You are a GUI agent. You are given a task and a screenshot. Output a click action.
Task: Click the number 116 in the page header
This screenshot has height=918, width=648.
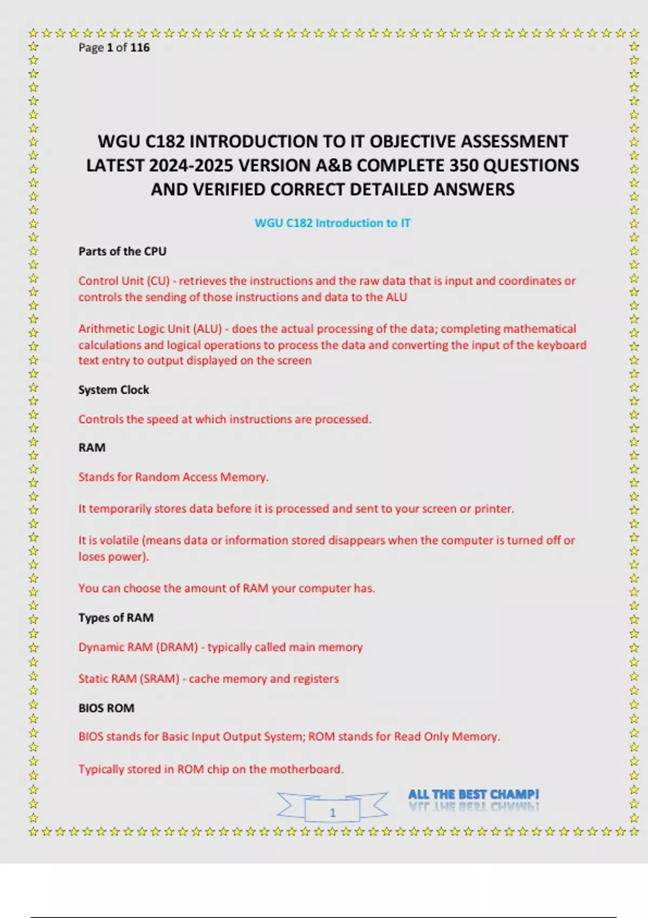coord(140,48)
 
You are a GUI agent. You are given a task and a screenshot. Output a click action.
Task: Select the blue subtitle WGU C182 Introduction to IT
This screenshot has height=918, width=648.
coord(332,223)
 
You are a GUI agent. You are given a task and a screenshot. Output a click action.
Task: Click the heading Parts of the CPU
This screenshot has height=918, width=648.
coord(122,251)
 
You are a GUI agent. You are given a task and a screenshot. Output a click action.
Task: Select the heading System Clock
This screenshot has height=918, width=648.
coord(113,390)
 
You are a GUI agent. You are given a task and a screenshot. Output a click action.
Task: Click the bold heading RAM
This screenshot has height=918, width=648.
coord(92,448)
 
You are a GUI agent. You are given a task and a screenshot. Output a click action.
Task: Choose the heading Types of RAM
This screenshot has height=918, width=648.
coord(116,618)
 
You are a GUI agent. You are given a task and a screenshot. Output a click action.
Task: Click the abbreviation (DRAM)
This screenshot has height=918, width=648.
coord(177,647)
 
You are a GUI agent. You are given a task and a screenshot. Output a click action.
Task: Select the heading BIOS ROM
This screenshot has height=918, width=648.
coord(106,708)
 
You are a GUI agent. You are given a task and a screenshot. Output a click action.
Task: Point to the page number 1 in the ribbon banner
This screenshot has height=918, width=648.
coord(333,812)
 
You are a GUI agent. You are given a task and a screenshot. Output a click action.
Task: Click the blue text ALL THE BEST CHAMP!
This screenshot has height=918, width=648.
coord(473,794)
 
